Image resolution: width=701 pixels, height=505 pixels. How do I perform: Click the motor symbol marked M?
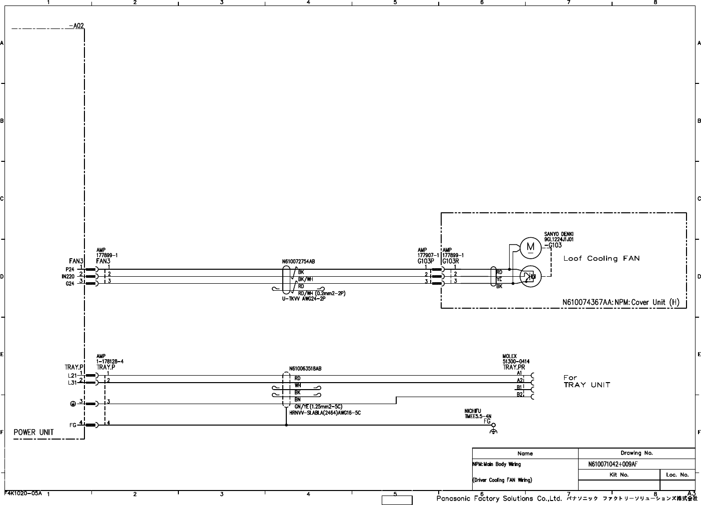(531, 246)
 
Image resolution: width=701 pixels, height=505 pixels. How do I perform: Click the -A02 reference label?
(76, 26)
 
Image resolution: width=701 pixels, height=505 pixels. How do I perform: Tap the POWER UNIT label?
(33, 432)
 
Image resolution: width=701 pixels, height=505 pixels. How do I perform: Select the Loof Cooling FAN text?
(601, 258)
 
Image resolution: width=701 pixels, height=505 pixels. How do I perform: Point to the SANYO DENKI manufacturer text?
(559, 234)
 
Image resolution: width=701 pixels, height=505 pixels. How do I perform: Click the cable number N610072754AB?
(299, 261)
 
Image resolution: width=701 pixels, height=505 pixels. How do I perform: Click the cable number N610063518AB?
(305, 369)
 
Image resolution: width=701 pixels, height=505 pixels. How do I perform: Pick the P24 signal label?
(70, 269)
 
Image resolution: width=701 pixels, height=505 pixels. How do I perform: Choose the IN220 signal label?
(68, 276)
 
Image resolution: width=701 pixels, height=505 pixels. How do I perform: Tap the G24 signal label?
(70, 284)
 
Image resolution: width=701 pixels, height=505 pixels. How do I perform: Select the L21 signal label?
(72, 375)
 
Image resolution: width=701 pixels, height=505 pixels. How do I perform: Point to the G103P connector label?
(426, 261)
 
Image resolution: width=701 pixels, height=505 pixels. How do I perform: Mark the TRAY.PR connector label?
(514, 367)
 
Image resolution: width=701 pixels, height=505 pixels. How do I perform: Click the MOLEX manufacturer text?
(510, 356)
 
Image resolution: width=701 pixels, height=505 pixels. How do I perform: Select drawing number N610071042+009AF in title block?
(613, 464)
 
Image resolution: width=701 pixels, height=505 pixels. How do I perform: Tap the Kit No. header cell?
(619, 475)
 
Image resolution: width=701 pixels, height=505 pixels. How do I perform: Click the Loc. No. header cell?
(678, 475)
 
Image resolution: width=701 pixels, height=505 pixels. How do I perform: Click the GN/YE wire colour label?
(301, 407)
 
